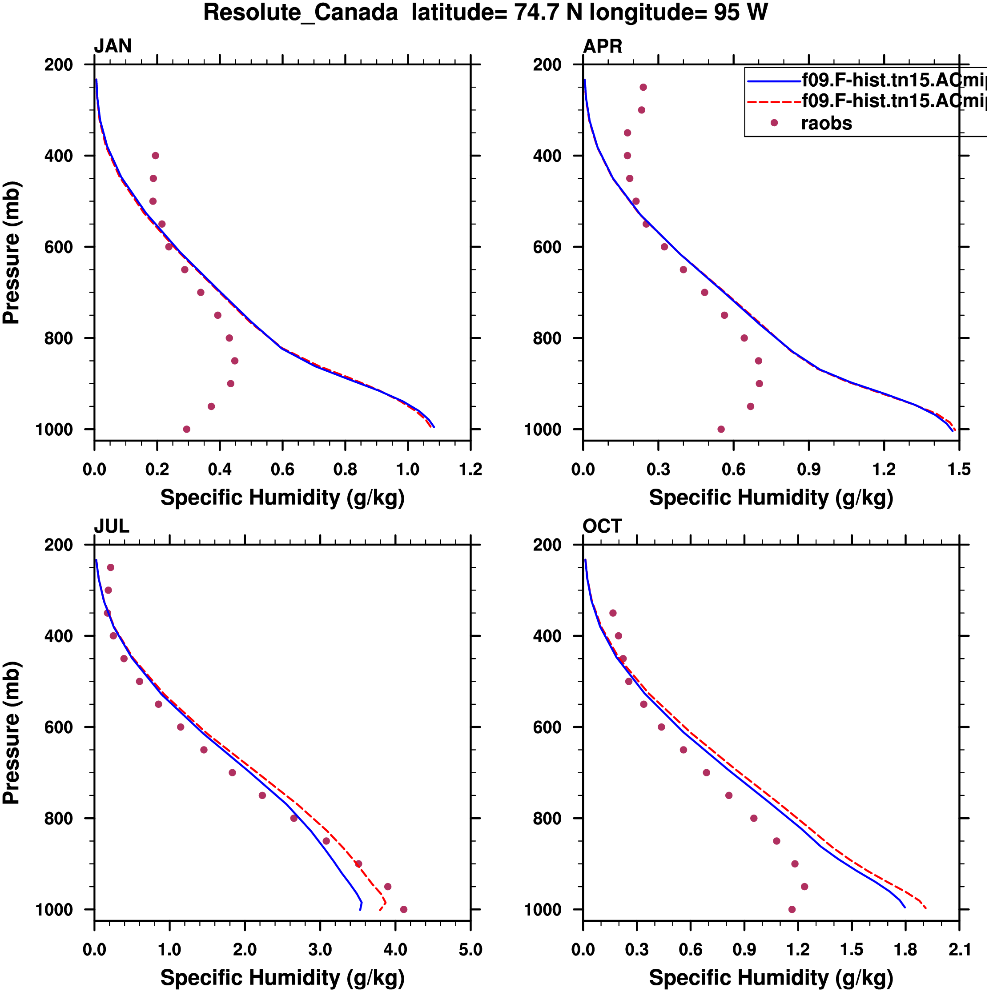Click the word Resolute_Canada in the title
click(x=301, y=12)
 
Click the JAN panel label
click(x=113, y=46)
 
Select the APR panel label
click(x=602, y=46)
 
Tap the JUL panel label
click(x=112, y=526)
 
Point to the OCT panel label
click(x=602, y=526)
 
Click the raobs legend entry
click(x=826, y=123)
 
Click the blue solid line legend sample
click(x=774, y=80)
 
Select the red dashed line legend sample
click(x=774, y=102)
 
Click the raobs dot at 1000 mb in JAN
click(x=186, y=429)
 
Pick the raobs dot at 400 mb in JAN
click(x=156, y=156)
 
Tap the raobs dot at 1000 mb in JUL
click(x=404, y=909)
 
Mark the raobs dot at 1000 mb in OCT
click(x=792, y=909)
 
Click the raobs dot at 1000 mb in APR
click(x=721, y=429)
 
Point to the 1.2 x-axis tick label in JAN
click(x=470, y=469)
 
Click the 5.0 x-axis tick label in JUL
click(x=470, y=949)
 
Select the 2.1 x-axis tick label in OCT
click(x=959, y=949)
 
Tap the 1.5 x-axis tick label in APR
click(x=959, y=469)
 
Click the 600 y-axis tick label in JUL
click(x=59, y=727)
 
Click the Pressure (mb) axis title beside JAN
click(x=11, y=252)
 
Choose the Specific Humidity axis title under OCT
click(x=771, y=978)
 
